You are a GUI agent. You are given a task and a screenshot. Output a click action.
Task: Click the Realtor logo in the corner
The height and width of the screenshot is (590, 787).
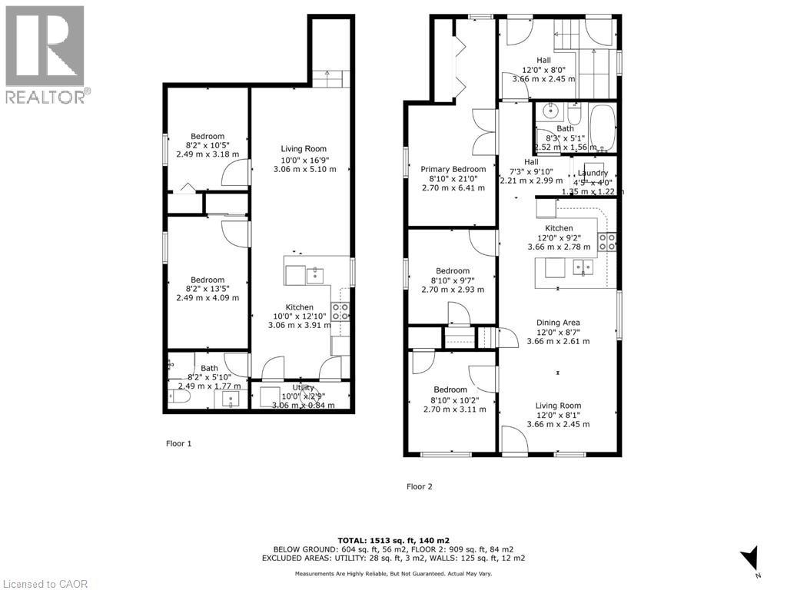pyautogui.click(x=45, y=54)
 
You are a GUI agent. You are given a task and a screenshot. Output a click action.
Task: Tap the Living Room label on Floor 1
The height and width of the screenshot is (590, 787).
pyautogui.click(x=304, y=149)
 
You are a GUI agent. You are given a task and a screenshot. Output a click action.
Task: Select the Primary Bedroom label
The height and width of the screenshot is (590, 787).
pyautogui.click(x=453, y=169)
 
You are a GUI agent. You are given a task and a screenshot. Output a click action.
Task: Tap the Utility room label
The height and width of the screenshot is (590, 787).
pyautogui.click(x=303, y=388)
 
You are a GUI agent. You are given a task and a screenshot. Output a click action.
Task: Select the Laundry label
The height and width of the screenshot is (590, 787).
pyautogui.click(x=593, y=173)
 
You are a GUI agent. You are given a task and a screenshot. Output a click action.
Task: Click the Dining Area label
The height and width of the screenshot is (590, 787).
pyautogui.click(x=558, y=323)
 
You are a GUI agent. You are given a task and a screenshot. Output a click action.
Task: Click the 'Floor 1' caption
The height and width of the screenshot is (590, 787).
pyautogui.click(x=178, y=443)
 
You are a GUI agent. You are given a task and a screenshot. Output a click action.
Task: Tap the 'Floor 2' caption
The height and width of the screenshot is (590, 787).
pyautogui.click(x=419, y=486)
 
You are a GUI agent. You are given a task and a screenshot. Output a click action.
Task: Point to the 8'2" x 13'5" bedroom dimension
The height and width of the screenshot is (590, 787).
pyautogui.click(x=208, y=289)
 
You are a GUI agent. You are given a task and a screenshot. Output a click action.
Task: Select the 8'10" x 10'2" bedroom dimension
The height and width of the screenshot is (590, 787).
pyautogui.click(x=453, y=399)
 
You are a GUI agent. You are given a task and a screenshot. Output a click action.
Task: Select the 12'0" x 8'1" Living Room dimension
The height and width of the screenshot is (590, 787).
pyautogui.click(x=558, y=415)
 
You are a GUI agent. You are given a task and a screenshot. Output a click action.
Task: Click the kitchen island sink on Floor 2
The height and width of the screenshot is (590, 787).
pyautogui.click(x=583, y=267)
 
